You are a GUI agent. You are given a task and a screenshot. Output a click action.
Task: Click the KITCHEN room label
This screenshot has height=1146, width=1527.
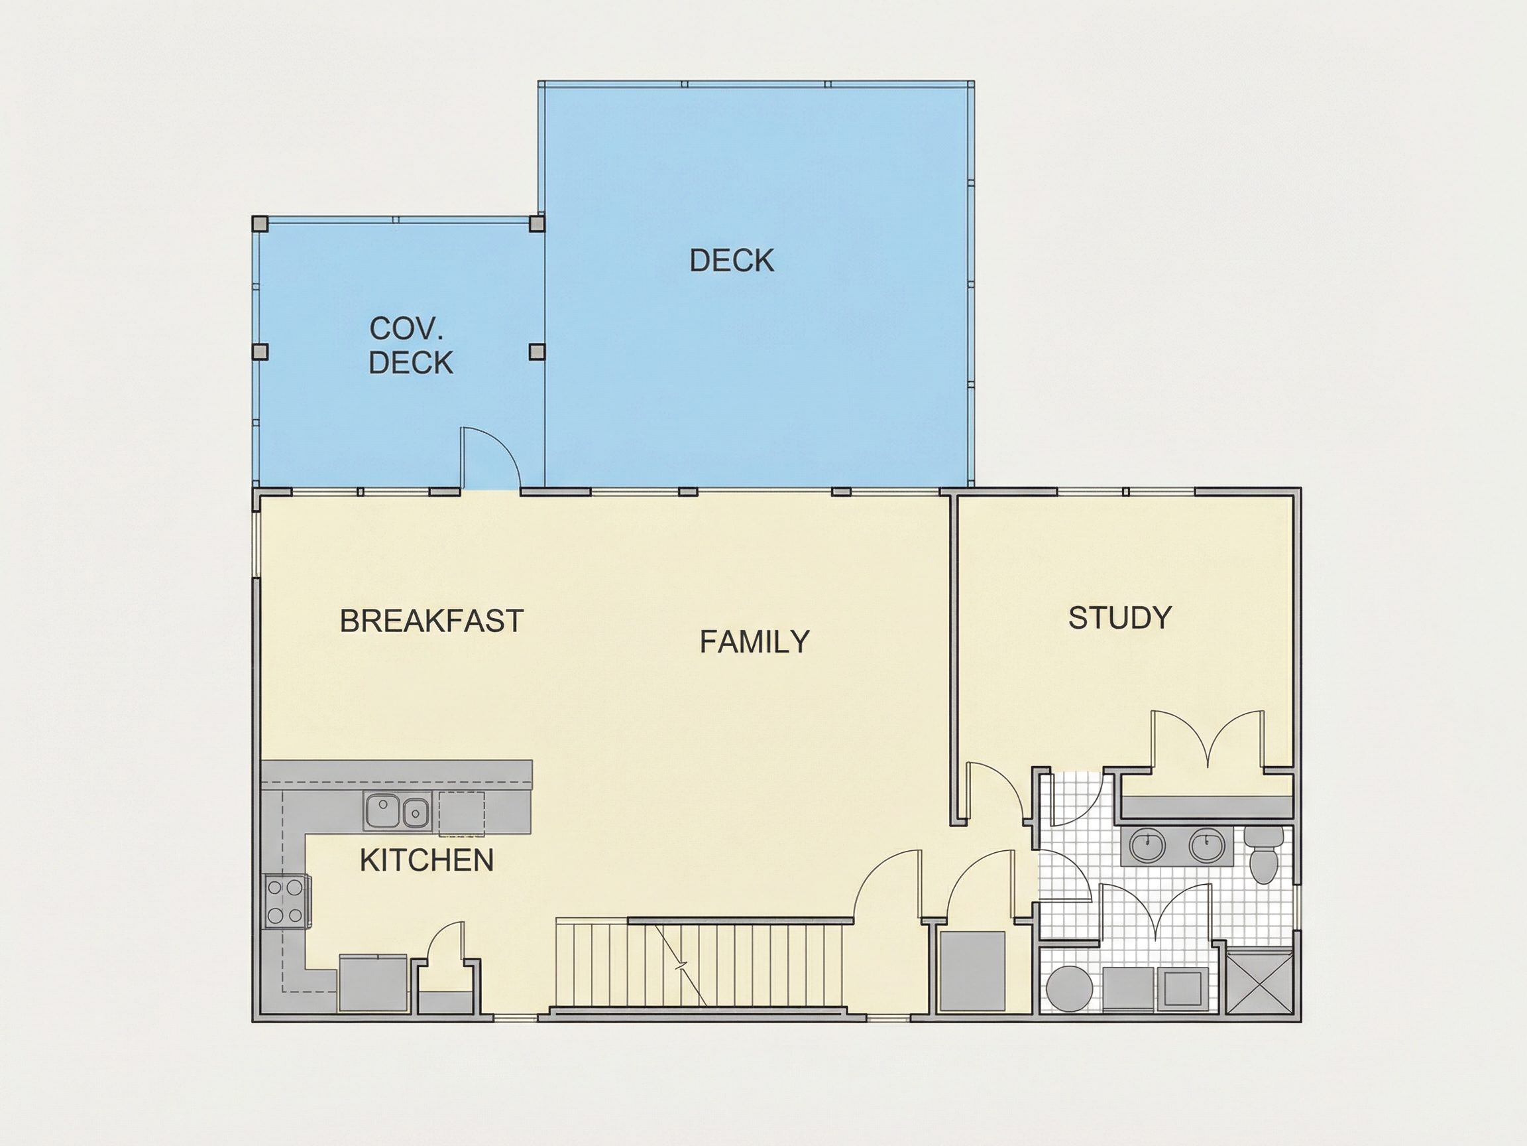click(x=427, y=860)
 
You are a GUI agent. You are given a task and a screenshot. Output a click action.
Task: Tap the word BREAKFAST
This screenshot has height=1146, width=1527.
click(x=431, y=621)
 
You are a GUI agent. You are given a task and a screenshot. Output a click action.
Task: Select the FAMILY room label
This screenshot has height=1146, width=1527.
click(x=754, y=642)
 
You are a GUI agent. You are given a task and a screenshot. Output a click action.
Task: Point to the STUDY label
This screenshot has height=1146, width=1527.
click(x=1119, y=617)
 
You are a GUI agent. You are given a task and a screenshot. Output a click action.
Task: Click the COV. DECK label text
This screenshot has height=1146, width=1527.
click(x=411, y=346)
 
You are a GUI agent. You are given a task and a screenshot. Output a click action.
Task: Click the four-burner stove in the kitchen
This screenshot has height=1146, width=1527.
click(x=286, y=901)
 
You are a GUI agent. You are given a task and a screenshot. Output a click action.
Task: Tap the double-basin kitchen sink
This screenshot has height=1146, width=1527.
click(x=396, y=811)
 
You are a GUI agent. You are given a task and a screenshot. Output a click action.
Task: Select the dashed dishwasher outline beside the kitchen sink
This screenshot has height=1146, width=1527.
click(x=461, y=814)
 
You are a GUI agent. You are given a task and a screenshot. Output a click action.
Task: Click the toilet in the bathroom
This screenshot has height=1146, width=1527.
click(x=1264, y=854)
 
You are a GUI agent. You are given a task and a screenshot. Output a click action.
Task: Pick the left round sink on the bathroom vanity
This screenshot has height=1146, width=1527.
click(x=1147, y=846)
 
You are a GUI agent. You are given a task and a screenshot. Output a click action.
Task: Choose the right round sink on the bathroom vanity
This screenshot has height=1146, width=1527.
click(x=1207, y=846)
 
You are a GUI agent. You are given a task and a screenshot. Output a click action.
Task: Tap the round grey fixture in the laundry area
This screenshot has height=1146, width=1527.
click(x=1068, y=989)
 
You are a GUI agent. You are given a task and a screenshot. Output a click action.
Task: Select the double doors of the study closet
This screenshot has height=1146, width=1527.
click(x=1208, y=740)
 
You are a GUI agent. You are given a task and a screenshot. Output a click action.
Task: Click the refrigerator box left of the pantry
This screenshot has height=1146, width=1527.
click(x=372, y=982)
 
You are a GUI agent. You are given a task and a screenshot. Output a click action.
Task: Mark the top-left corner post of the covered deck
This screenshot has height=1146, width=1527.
click(x=260, y=223)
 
